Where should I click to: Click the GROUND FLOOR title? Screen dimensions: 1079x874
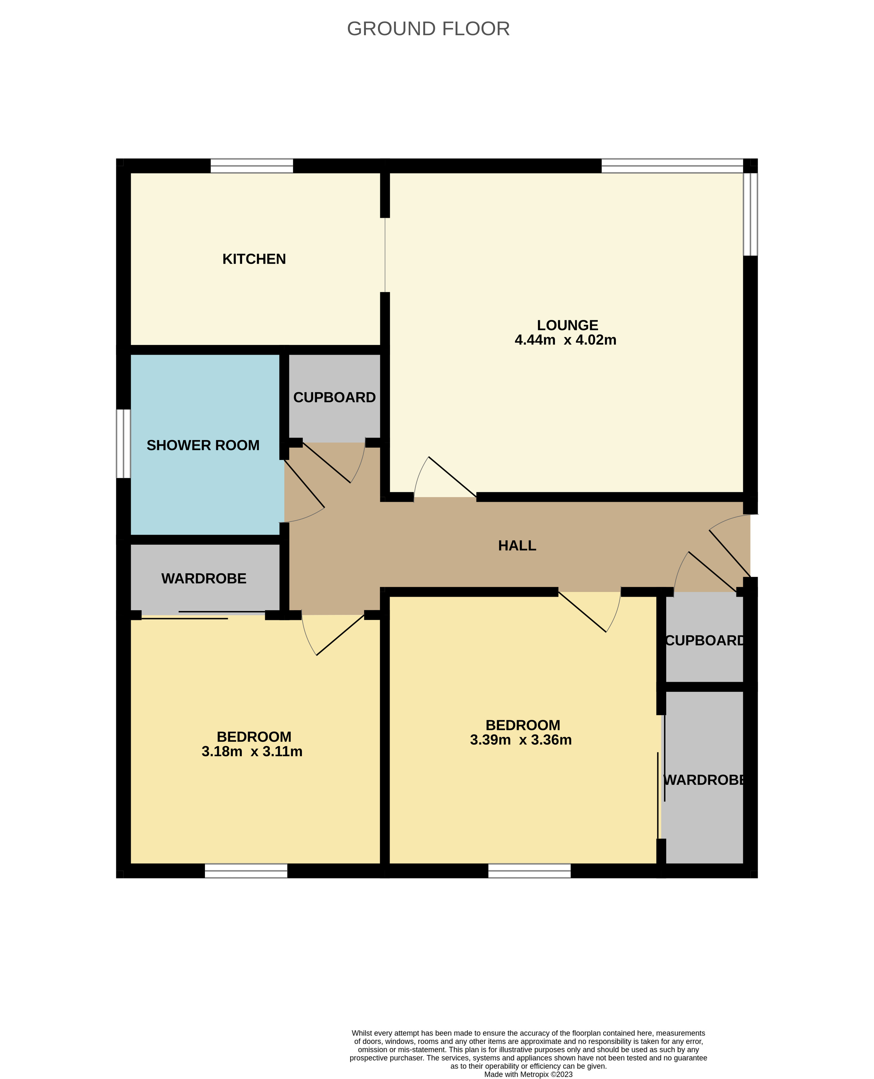(x=428, y=29)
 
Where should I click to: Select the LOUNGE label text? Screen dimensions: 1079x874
(x=567, y=325)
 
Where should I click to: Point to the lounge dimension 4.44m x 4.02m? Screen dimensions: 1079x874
(x=565, y=340)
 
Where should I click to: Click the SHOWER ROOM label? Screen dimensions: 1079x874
(x=203, y=445)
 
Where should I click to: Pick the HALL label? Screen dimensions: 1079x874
(x=517, y=546)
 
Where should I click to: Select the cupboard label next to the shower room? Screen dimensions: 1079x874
(x=334, y=397)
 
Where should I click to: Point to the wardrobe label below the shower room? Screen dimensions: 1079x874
(x=204, y=578)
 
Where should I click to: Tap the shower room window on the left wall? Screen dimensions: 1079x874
(x=123, y=443)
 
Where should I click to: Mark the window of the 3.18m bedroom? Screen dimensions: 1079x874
(x=246, y=871)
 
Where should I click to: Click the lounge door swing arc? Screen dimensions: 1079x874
(x=419, y=474)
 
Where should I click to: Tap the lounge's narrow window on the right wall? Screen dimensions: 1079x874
(x=750, y=214)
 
